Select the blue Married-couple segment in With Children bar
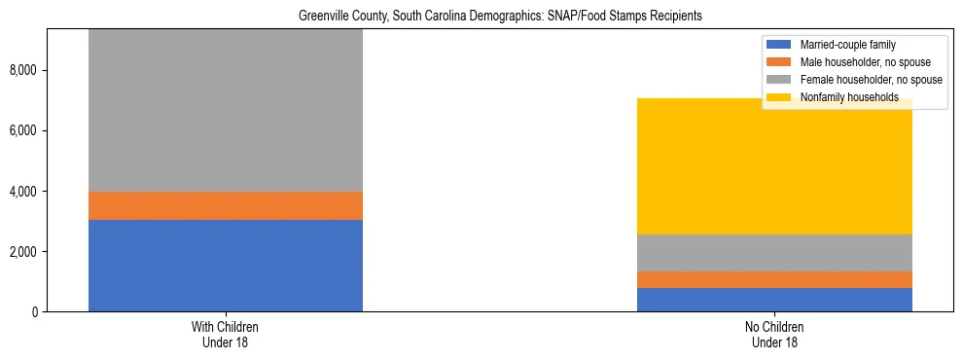(226, 266)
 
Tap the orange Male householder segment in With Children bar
(226, 205)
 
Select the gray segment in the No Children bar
(774, 253)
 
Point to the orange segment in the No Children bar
(774, 279)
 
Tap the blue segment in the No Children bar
(774, 300)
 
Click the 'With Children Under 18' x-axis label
(226, 335)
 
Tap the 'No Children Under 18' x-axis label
(774, 335)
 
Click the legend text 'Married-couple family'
(847, 45)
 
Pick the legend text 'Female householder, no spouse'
(870, 80)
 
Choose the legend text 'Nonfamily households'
(848, 97)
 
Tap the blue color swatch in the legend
(779, 45)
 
